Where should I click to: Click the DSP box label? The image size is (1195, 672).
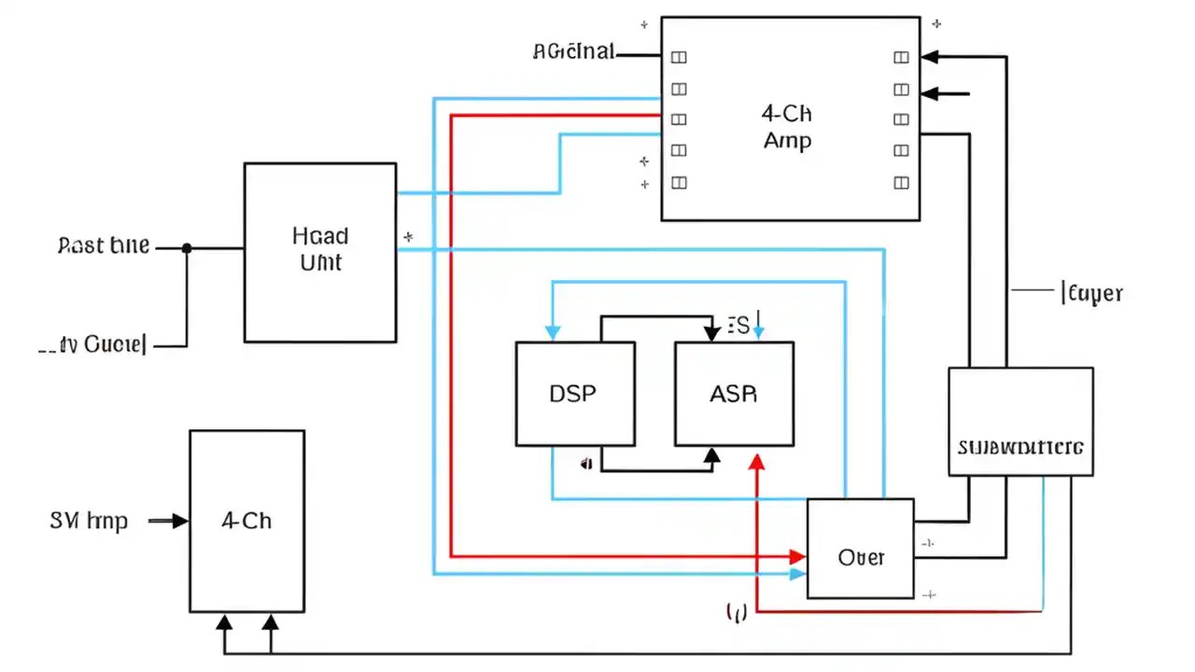click(573, 394)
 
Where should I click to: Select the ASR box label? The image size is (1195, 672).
click(733, 394)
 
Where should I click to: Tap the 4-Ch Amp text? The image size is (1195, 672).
click(787, 127)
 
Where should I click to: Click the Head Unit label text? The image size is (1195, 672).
click(319, 248)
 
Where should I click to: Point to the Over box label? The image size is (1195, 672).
click(861, 557)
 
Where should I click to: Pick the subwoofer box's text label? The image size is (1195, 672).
click(1020, 446)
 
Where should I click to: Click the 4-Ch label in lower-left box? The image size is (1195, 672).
click(246, 521)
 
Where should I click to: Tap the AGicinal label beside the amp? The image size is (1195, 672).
click(573, 52)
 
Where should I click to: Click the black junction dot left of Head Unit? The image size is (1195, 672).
click(187, 248)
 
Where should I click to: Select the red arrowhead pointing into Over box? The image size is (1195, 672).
click(797, 556)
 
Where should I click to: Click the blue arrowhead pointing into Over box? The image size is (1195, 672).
click(797, 574)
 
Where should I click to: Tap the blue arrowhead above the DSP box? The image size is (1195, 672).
click(553, 332)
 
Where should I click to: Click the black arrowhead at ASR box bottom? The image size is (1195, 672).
click(712, 455)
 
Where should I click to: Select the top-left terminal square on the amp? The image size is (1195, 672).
click(679, 57)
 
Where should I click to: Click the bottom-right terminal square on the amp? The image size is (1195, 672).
click(901, 182)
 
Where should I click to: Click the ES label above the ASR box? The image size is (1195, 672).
click(738, 326)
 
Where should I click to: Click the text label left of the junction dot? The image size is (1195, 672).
click(104, 246)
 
